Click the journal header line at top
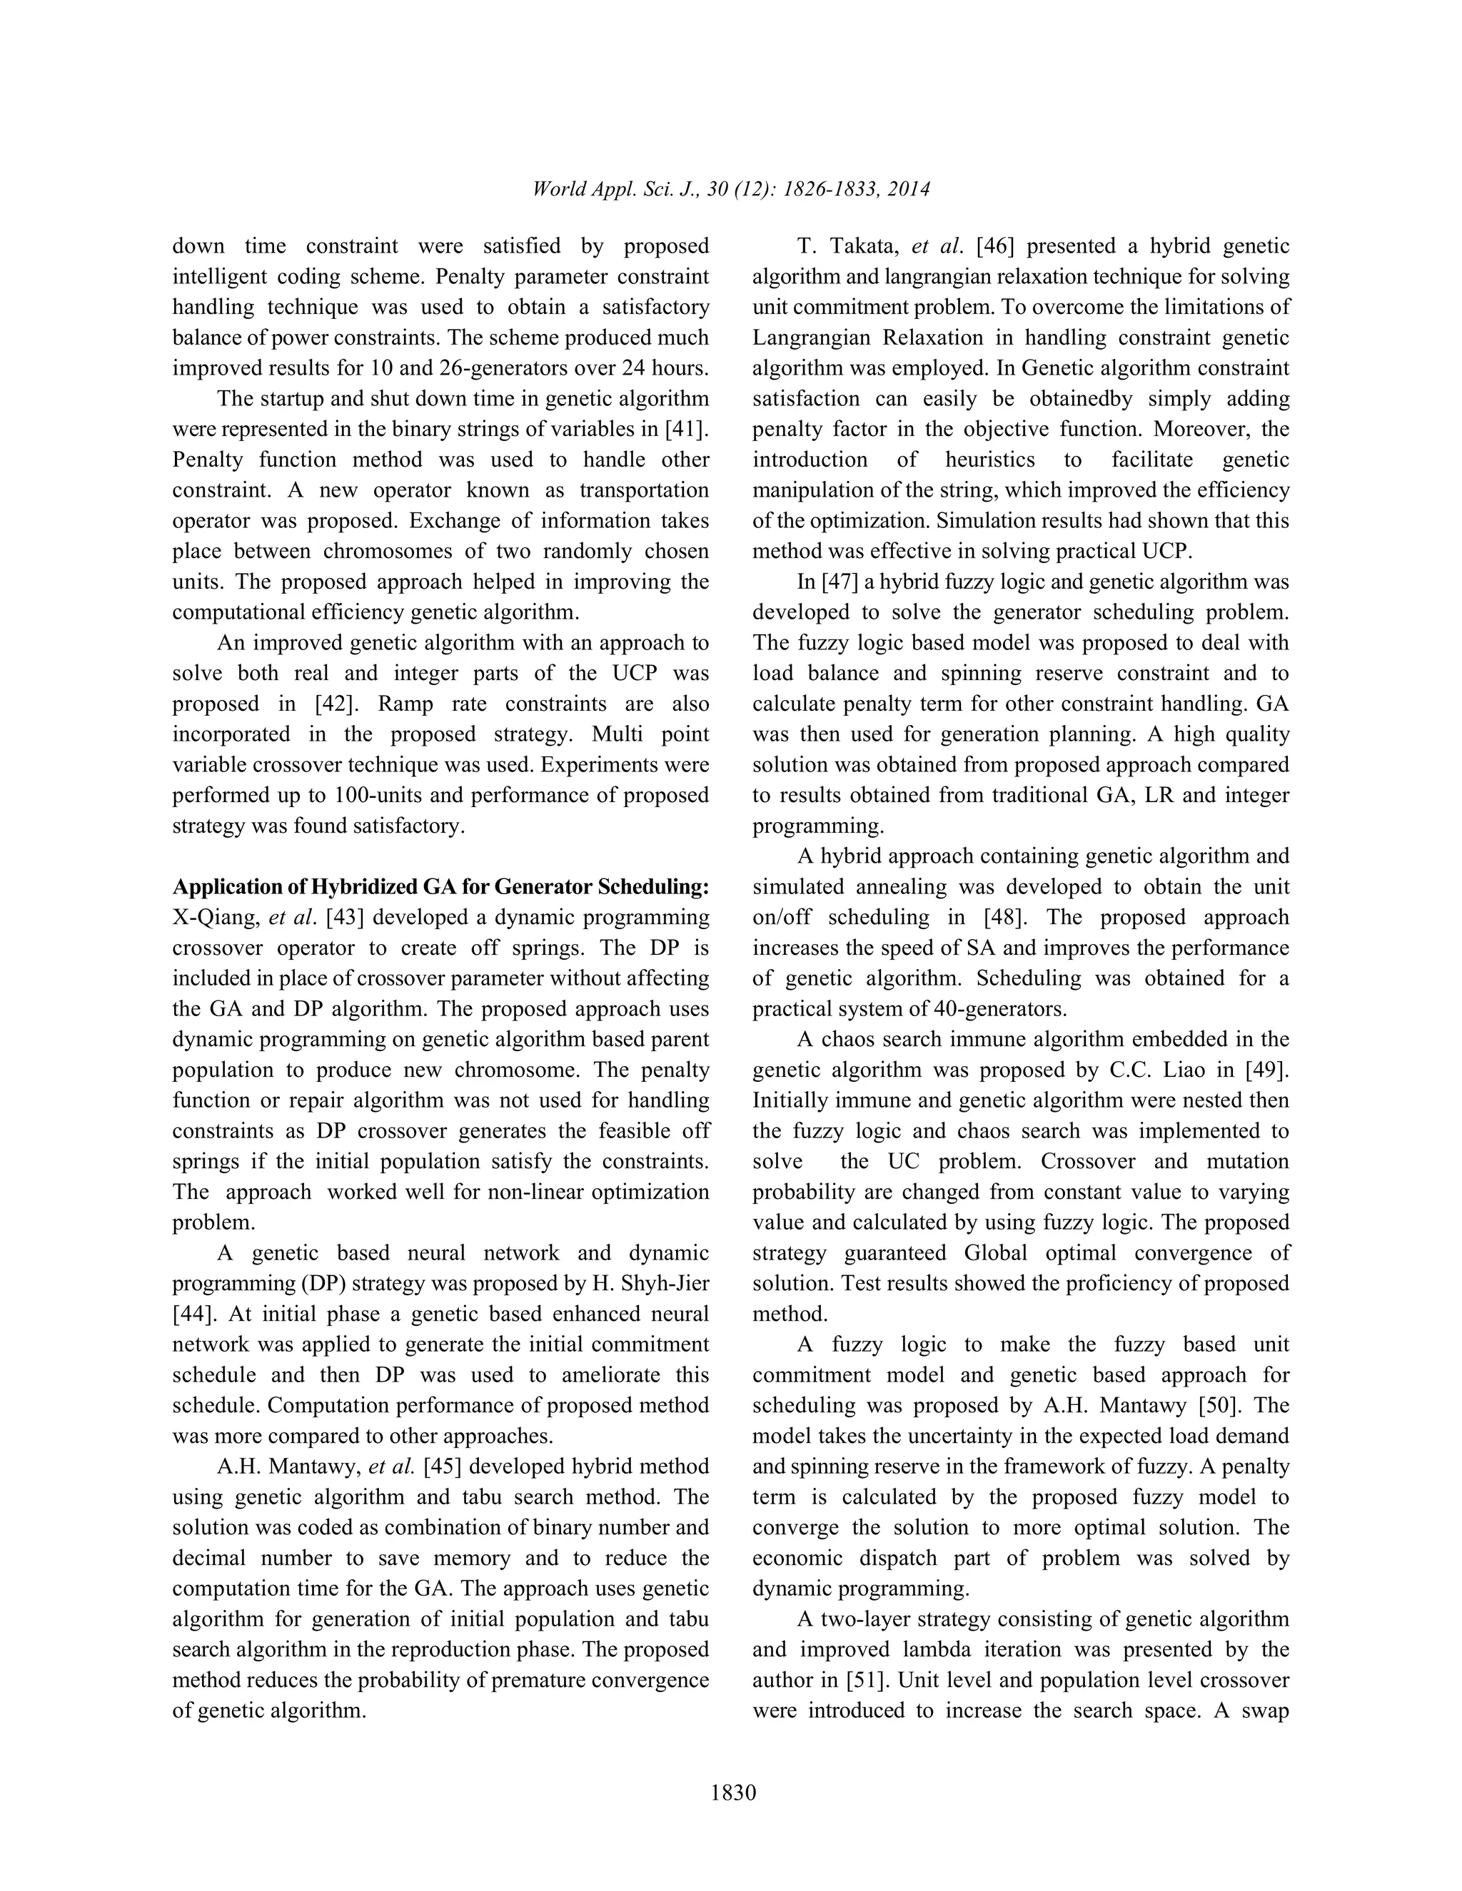pos(731,189)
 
